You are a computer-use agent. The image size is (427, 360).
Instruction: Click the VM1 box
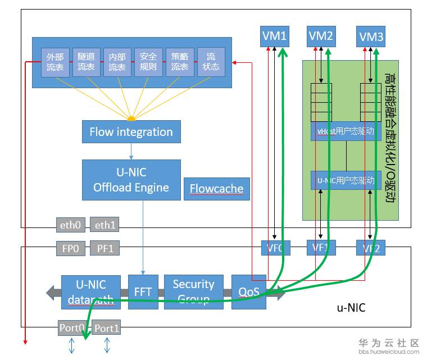(275, 37)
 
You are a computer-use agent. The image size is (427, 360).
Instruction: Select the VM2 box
(321, 37)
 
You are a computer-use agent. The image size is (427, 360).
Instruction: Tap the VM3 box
(371, 37)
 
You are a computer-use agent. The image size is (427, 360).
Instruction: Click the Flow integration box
(131, 132)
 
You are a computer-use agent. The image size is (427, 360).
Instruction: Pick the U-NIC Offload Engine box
(131, 180)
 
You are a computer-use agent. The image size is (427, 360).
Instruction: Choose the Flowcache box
(216, 189)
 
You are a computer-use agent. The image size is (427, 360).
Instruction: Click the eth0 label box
(71, 225)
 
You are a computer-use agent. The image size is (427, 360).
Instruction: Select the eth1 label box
(104, 225)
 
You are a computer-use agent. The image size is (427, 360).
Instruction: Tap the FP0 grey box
(71, 248)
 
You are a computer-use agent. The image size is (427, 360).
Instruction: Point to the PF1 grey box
(104, 248)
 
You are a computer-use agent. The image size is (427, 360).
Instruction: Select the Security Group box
(193, 291)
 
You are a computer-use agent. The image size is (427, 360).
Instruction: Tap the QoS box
(248, 291)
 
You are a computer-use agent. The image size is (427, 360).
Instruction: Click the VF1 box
(321, 248)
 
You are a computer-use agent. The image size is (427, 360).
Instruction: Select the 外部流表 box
(55, 62)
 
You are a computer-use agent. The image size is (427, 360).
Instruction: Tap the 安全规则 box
(148, 62)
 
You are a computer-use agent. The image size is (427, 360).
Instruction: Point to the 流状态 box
(211, 62)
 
